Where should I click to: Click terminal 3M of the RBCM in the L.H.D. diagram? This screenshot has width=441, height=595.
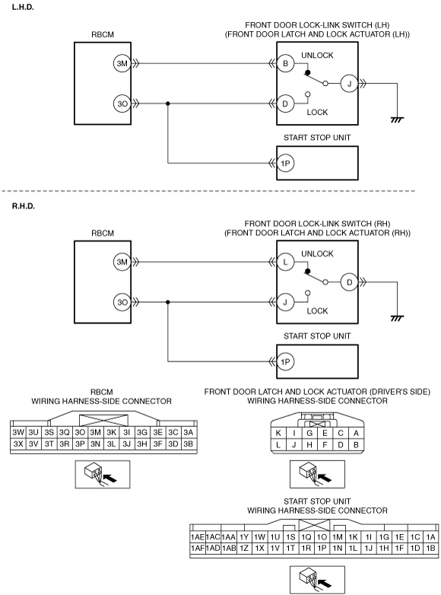tap(122, 63)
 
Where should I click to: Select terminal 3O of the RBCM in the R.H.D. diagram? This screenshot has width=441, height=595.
tap(122, 302)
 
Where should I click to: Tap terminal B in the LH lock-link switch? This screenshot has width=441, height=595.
tap(286, 63)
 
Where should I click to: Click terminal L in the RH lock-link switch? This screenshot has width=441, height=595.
tap(286, 262)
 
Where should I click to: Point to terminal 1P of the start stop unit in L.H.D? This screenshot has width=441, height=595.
tap(286, 163)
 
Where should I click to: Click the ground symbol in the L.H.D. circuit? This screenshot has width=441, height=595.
tap(397, 119)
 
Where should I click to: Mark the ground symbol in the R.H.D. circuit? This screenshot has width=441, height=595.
tap(397, 318)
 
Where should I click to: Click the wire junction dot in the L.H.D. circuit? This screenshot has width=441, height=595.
tap(168, 103)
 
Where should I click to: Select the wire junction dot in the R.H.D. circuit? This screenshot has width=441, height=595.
tap(168, 302)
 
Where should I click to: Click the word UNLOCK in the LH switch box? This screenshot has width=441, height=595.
tap(317, 56)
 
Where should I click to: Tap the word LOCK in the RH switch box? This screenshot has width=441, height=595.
tap(317, 310)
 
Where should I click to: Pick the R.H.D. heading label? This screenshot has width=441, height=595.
tap(24, 206)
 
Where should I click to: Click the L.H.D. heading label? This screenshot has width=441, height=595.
tap(23, 7)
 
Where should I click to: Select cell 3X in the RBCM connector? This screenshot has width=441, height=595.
tap(18, 444)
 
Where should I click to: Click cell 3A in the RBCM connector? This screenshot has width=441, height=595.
tap(189, 432)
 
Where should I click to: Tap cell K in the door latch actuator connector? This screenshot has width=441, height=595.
tap(278, 433)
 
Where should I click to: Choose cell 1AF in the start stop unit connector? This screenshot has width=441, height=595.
tap(198, 549)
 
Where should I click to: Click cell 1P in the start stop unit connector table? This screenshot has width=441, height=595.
tap(322, 549)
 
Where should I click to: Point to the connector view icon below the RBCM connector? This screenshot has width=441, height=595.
tap(103, 474)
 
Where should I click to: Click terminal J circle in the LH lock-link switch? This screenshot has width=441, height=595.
tap(349, 84)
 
